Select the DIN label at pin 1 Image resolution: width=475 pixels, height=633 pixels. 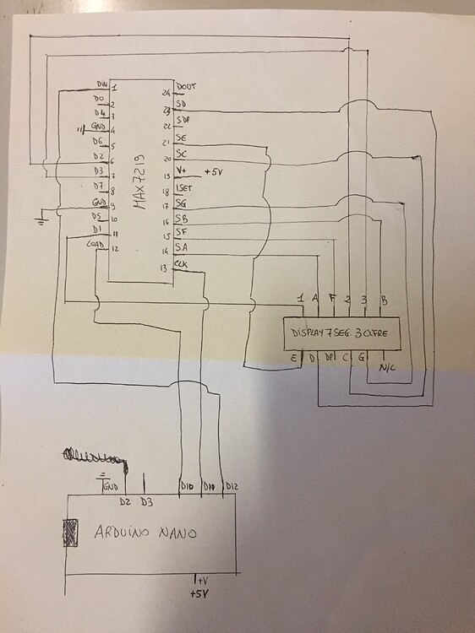(102, 84)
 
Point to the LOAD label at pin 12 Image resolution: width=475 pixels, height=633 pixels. (96, 246)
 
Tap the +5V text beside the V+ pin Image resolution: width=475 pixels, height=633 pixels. (215, 172)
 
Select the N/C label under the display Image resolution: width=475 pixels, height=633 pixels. (388, 368)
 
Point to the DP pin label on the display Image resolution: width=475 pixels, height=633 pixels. (329, 359)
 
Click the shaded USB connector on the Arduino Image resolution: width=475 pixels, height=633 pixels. (70, 533)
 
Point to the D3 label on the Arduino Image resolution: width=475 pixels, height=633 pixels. (146, 502)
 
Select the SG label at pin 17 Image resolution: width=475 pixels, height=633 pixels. (180, 203)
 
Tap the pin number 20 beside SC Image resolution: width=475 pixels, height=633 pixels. (167, 159)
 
